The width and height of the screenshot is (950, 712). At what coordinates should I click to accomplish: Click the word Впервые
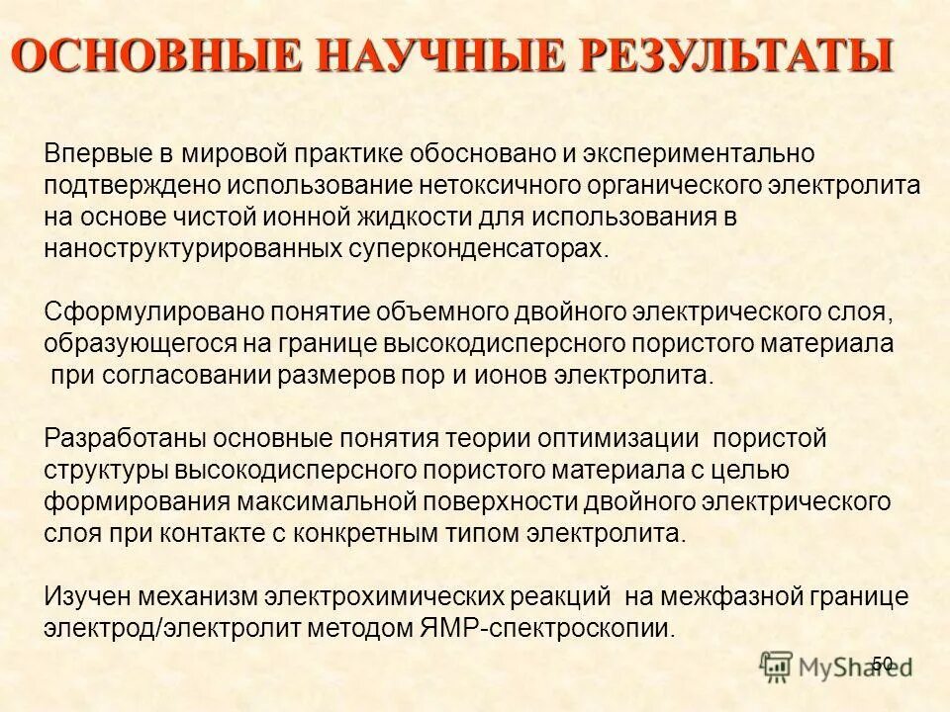pyautogui.click(x=95, y=154)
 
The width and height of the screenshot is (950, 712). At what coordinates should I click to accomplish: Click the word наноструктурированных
pyautogui.click(x=194, y=246)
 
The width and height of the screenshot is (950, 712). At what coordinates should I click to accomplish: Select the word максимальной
pyautogui.click(x=318, y=500)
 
